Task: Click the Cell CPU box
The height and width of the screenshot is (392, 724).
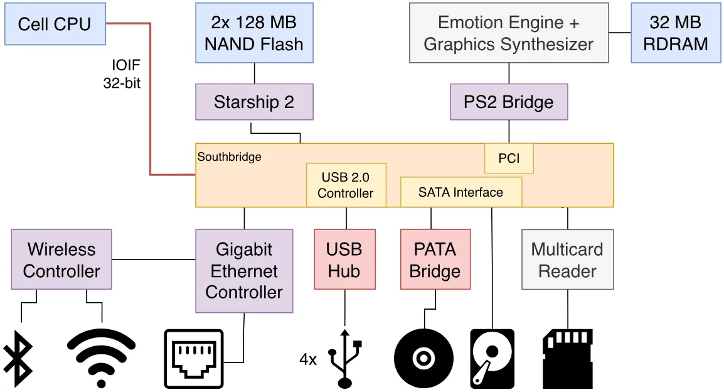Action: (55, 24)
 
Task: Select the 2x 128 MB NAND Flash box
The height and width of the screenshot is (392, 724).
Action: (255, 33)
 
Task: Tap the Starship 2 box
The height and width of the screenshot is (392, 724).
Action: (255, 102)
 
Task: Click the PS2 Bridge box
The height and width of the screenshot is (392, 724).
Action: (509, 102)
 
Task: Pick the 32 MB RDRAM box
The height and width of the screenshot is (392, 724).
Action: (676, 33)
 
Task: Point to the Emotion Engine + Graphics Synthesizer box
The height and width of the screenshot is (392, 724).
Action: (509, 33)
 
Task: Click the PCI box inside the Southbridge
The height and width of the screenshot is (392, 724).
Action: (509, 158)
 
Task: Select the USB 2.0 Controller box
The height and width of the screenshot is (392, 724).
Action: (346, 185)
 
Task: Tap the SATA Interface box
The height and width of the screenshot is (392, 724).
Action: (461, 192)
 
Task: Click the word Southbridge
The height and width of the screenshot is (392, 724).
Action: (230, 156)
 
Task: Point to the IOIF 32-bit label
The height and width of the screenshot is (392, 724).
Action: (122, 74)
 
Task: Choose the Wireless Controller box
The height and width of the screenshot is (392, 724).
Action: (61, 259)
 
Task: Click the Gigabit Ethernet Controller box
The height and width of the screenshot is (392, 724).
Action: (244, 271)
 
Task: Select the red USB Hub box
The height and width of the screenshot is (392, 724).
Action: (345, 259)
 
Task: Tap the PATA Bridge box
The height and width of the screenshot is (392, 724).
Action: (435, 259)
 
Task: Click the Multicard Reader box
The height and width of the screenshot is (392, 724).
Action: (568, 259)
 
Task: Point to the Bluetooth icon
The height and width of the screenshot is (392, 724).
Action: (18, 359)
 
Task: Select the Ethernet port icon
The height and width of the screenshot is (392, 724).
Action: (194, 359)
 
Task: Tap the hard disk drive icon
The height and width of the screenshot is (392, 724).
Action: (492, 359)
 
